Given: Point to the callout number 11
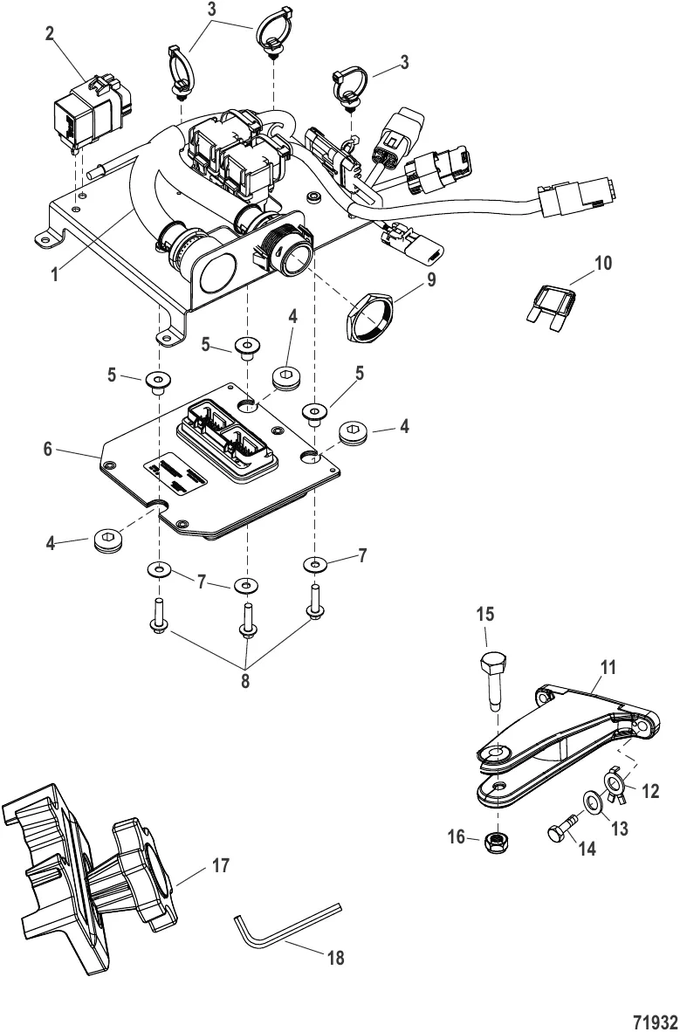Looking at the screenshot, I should [x=608, y=667].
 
